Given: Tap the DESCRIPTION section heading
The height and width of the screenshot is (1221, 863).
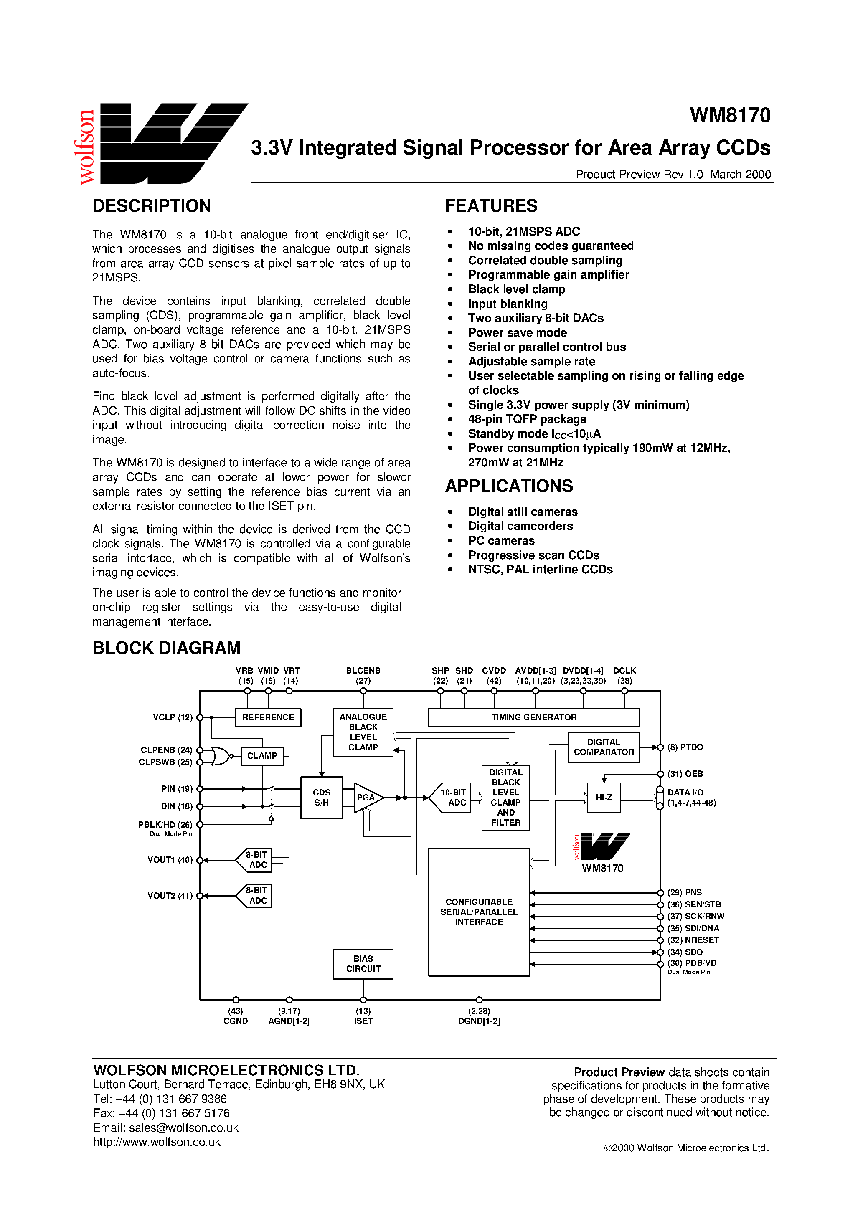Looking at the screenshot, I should (152, 206).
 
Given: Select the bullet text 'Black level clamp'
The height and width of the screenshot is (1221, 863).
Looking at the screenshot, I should (516, 289).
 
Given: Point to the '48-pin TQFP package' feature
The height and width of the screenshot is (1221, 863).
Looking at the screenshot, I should (527, 419).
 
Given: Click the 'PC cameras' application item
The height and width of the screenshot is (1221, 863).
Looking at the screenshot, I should (501, 541).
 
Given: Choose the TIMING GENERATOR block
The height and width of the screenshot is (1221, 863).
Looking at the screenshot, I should (534, 717).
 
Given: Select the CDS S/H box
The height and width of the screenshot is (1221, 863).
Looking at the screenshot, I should (321, 798).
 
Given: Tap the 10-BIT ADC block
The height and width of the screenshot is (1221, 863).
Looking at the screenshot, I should (452, 798).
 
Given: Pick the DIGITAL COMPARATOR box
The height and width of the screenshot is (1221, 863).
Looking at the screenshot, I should (603, 747).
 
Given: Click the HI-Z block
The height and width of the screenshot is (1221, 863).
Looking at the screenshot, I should (603, 798).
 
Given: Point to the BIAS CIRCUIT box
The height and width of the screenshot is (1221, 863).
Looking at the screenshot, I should (363, 964).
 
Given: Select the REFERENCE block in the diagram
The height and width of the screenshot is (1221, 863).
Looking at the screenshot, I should (268, 717).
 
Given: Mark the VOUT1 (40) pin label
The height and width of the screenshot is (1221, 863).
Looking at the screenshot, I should (170, 860).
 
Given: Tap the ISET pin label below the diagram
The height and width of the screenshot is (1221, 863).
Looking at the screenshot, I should (363, 1021).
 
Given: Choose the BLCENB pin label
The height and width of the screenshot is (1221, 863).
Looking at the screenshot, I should (363, 671).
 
